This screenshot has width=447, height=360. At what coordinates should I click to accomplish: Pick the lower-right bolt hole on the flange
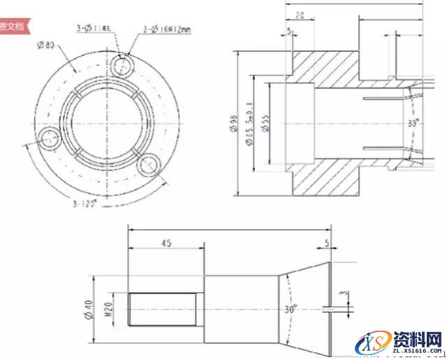149,166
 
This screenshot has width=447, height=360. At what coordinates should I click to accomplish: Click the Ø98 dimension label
233,125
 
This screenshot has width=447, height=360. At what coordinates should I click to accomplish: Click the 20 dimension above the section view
299,14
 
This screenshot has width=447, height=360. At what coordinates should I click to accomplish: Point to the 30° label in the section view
414,123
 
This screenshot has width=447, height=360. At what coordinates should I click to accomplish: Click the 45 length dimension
166,243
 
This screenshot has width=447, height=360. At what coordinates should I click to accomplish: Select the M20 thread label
108,308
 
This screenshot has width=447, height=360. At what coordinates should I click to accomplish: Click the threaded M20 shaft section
161,308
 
